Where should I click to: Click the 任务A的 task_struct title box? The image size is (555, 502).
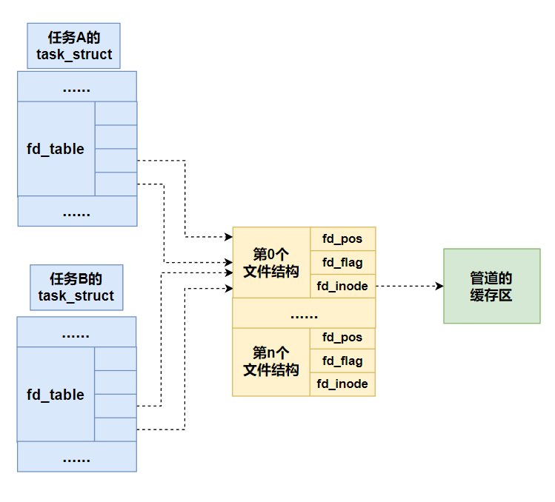74,46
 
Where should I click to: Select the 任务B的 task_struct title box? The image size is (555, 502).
76,287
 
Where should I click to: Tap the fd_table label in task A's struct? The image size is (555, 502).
56,149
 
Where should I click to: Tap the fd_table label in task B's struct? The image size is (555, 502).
56,395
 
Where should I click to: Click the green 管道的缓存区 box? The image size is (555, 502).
491,286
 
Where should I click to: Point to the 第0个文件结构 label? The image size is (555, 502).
271,263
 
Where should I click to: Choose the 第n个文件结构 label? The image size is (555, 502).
271,361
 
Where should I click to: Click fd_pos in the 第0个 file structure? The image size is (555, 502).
342,239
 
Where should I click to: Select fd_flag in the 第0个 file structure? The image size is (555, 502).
342,263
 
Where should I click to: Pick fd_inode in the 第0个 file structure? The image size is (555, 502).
342,286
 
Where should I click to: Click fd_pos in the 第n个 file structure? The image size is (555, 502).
342,338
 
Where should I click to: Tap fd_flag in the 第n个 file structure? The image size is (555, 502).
342,361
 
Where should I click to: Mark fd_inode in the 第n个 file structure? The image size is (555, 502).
342,384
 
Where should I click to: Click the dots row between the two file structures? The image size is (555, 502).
304,313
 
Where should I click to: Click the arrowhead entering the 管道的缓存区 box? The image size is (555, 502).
439,286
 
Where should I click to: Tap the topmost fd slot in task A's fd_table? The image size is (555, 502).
116,113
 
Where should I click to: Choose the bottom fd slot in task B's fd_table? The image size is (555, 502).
116,429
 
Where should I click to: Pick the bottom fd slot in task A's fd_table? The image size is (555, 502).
116,184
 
